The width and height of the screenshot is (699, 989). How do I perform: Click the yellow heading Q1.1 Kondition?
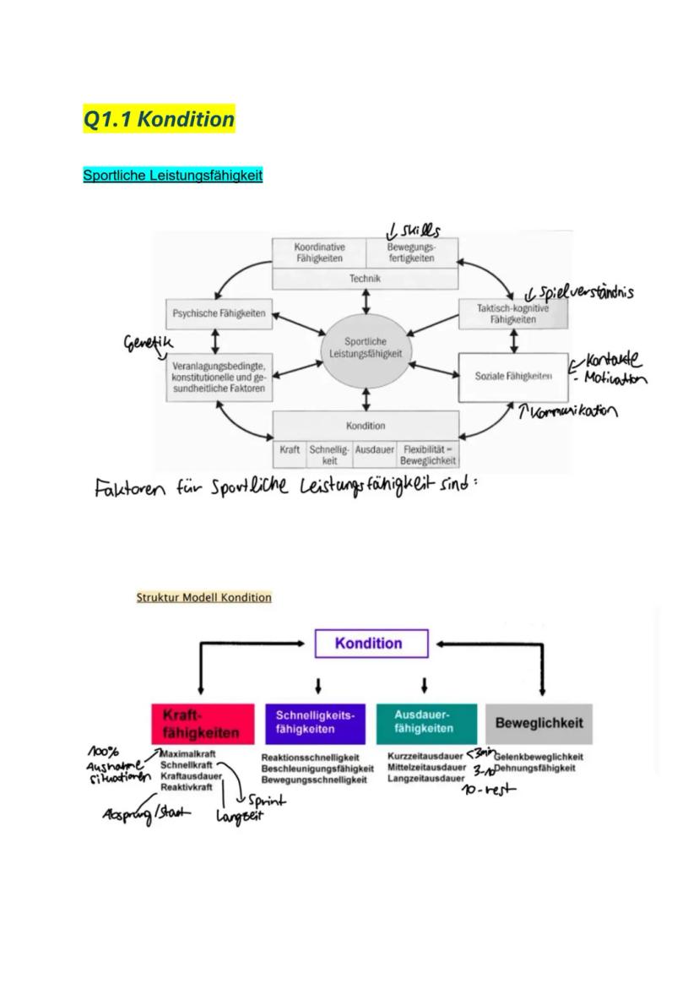click(x=159, y=119)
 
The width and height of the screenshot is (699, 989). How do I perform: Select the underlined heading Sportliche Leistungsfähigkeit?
click(x=173, y=175)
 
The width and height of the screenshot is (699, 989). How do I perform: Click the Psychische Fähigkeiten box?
click(x=219, y=313)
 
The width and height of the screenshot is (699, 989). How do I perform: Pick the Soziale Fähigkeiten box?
click(x=513, y=376)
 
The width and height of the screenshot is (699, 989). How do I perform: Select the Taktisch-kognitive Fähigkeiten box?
click(x=512, y=314)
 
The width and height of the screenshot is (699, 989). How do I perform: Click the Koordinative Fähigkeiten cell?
click(x=319, y=253)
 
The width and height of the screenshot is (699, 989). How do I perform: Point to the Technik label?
click(x=365, y=278)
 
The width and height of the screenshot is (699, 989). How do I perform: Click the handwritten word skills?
click(x=420, y=228)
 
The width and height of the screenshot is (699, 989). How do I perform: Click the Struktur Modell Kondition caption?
click(x=204, y=597)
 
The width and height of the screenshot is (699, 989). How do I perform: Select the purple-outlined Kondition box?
click(x=369, y=644)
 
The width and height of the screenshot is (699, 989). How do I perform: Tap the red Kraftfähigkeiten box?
click(x=202, y=723)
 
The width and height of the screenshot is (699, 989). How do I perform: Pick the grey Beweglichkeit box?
click(x=539, y=723)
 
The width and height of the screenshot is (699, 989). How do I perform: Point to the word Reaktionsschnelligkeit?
click(x=311, y=758)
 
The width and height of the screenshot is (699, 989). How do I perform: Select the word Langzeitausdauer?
click(x=426, y=778)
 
